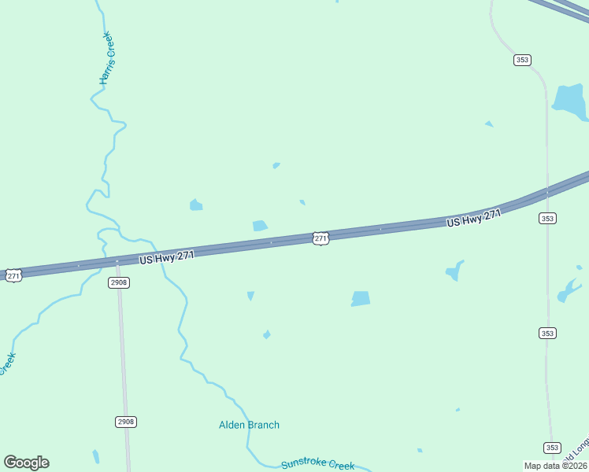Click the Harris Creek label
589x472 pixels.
point(107,59)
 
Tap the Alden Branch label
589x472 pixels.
point(249,425)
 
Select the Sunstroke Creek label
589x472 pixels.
point(317,464)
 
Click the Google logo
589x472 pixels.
point(26,463)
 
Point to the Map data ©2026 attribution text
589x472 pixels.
point(556,466)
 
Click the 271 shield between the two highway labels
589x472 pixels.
point(320,238)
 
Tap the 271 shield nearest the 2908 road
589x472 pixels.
point(13,275)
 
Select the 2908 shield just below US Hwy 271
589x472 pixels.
point(118,282)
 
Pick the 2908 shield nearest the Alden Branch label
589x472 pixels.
point(126,422)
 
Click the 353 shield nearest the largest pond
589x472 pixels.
point(522,60)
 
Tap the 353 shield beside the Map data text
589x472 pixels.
point(552,448)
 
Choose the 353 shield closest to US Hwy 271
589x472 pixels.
point(547,218)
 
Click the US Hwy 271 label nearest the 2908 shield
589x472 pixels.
point(167,256)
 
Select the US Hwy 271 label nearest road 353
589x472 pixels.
point(473,219)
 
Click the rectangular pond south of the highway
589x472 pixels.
point(361,298)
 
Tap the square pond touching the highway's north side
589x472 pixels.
point(260,226)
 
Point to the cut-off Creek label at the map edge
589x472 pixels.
point(7,363)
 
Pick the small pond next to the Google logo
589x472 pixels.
point(96,456)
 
